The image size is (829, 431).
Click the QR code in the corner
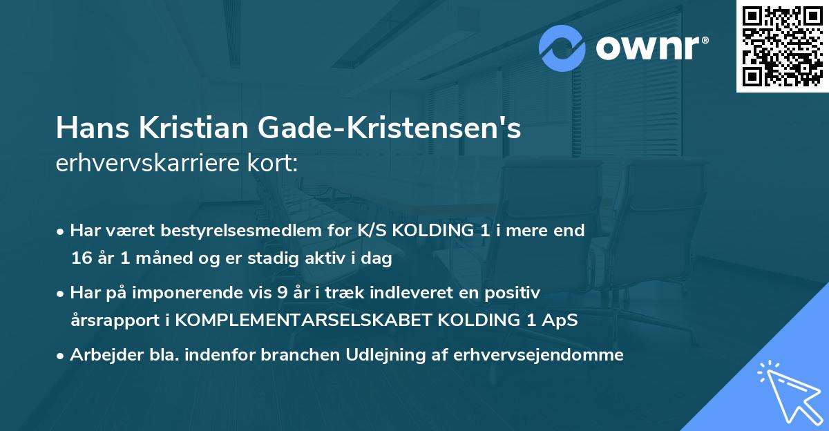[782, 46]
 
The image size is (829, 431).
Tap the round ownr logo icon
[562, 49]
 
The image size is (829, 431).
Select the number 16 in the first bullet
[79, 259]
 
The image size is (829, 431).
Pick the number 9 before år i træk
[282, 292]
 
